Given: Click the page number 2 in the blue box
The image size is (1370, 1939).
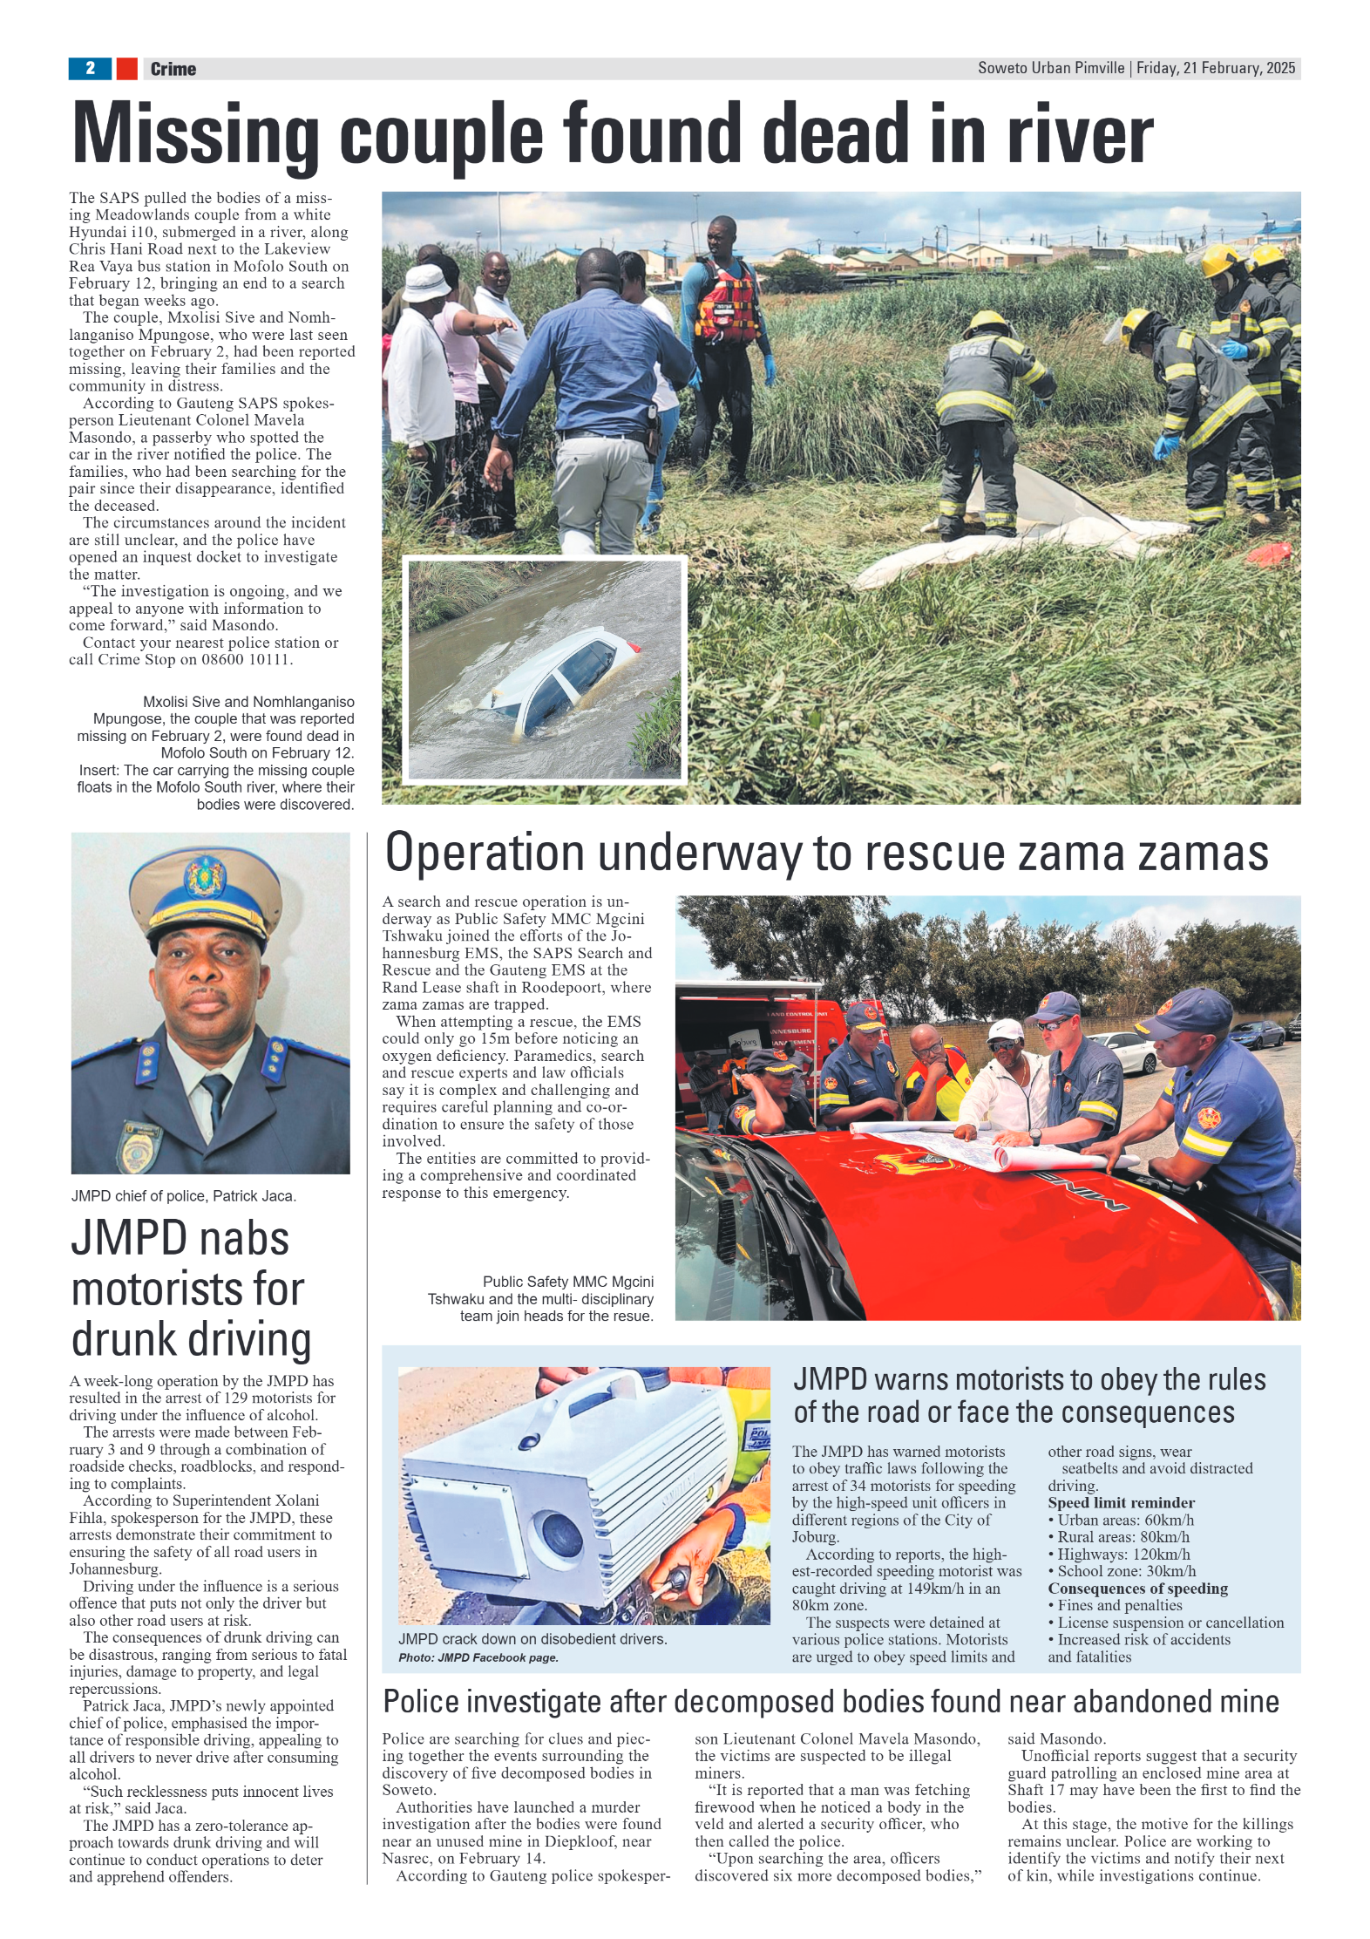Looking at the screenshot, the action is click(90, 68).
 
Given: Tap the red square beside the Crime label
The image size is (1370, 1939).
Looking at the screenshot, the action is click(126, 68).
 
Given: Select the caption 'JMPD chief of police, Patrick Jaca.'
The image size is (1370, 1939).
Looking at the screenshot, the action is click(184, 1196).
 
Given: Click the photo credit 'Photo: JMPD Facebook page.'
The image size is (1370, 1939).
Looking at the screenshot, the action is click(478, 1657).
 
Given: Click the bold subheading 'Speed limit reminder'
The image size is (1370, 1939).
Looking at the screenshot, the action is click(1121, 1502).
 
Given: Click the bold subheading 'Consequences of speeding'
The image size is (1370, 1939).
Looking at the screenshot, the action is click(1137, 1588).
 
